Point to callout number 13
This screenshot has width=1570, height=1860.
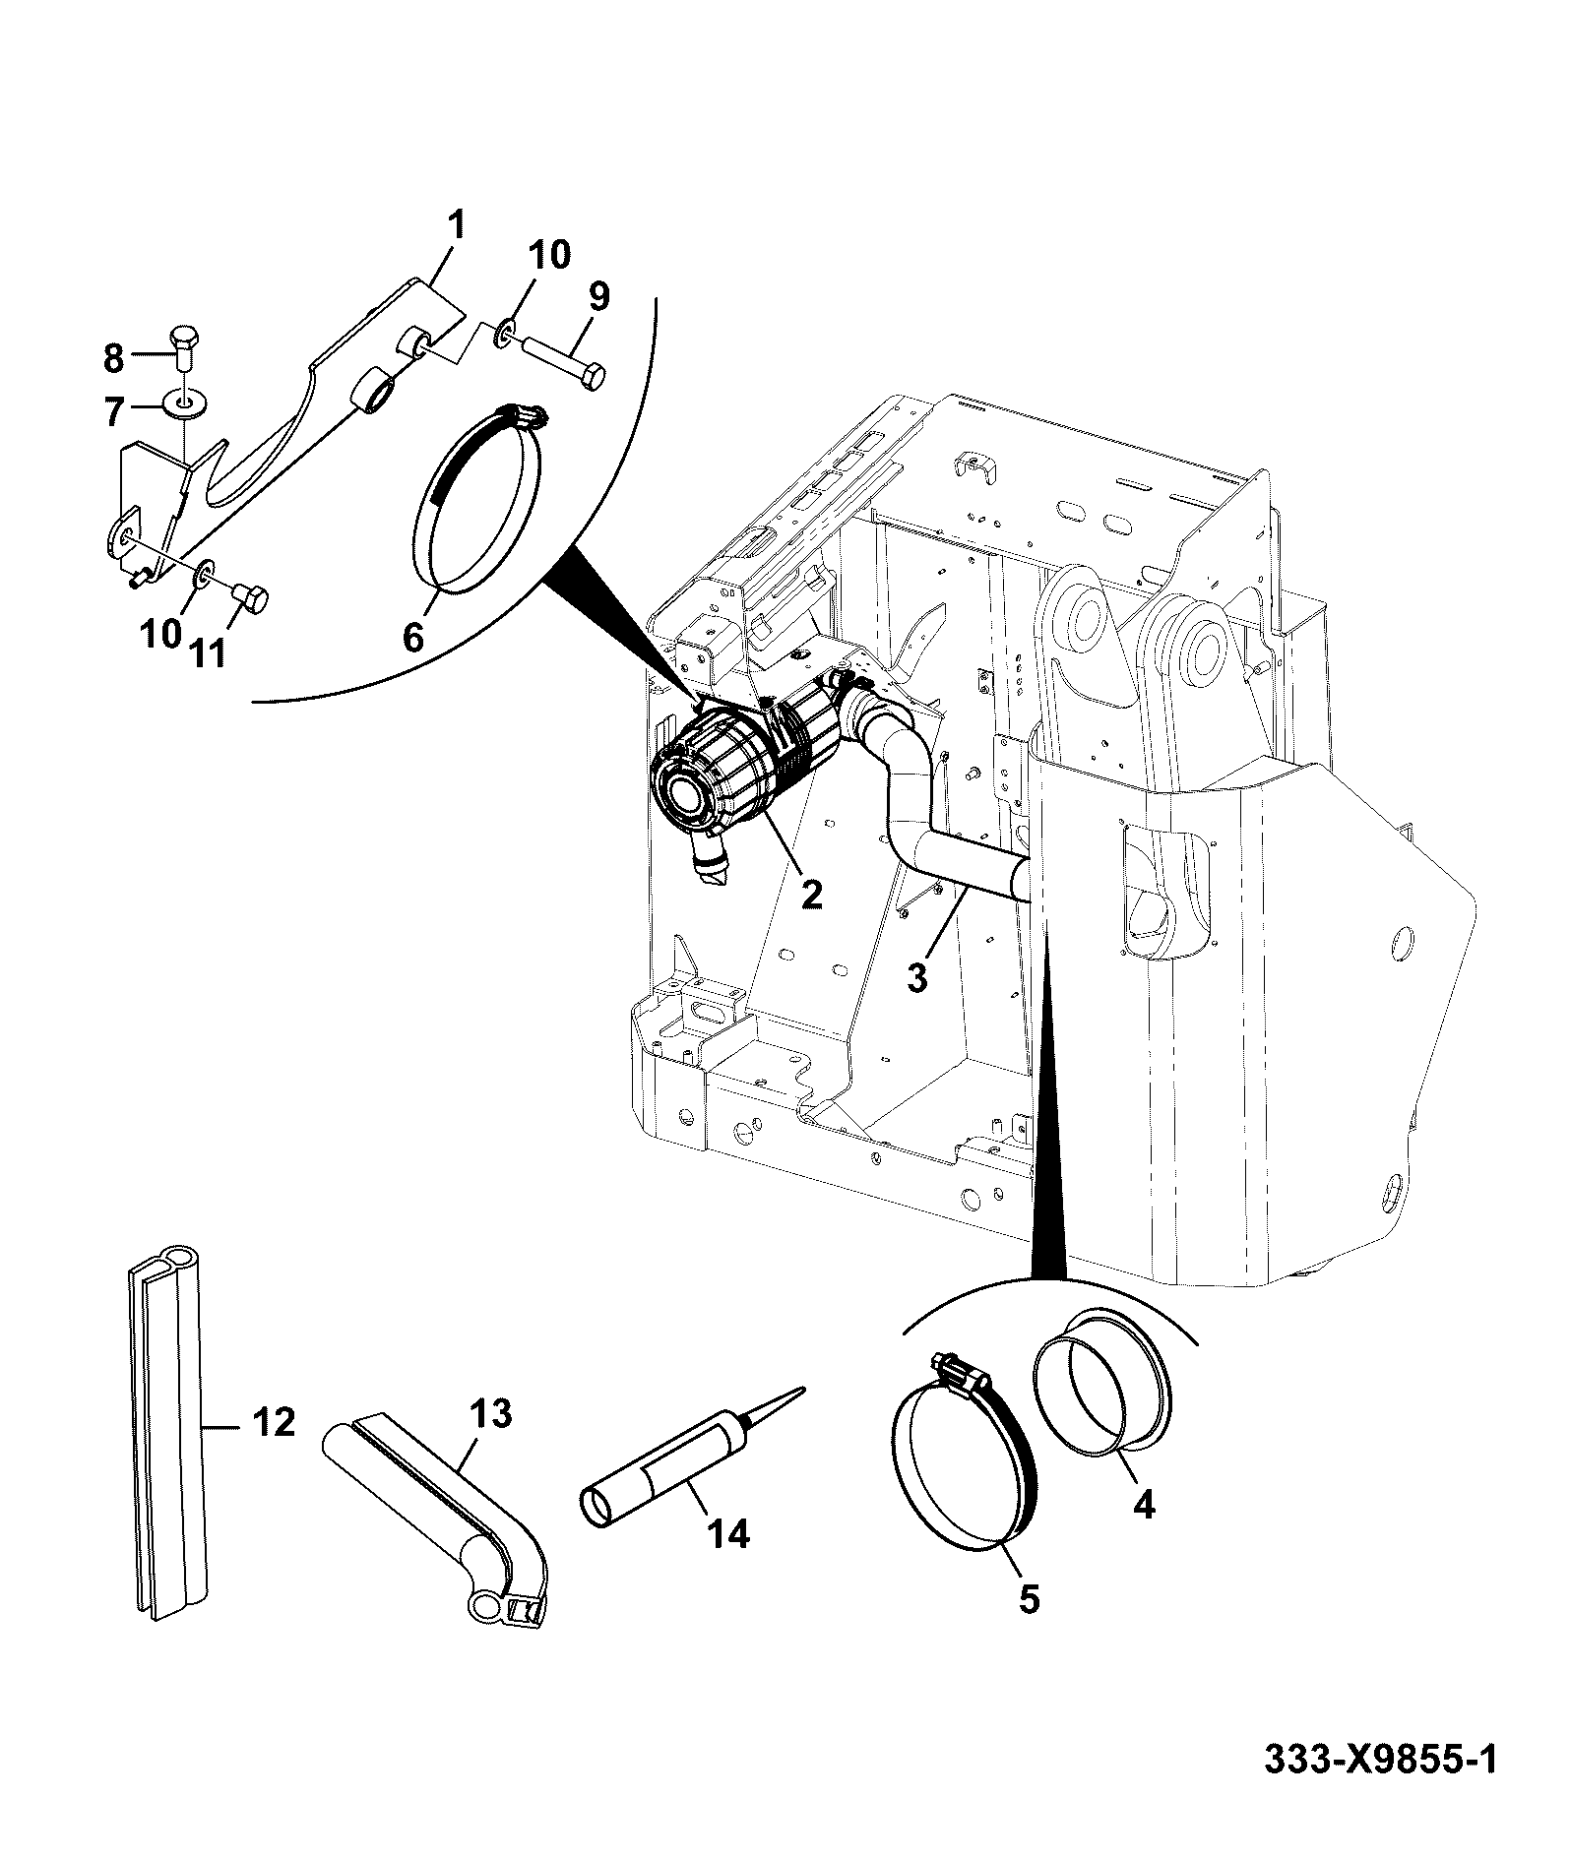[491, 1414]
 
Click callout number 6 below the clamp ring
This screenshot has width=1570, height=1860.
[413, 637]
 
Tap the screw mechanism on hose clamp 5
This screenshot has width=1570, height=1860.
[960, 1369]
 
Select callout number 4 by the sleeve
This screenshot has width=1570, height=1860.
[1142, 1530]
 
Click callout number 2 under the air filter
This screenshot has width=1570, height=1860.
[810, 894]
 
